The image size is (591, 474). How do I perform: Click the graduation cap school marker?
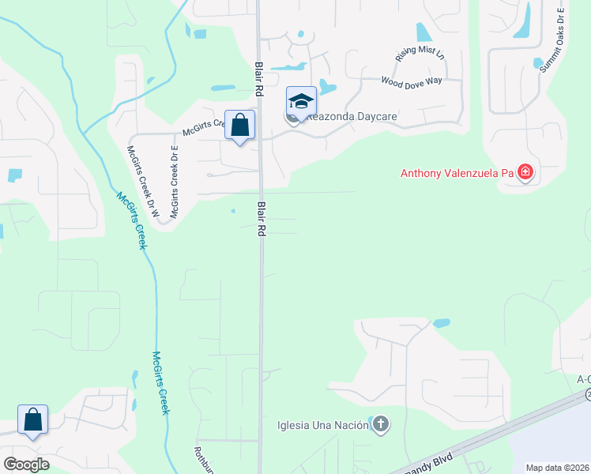pos(301,102)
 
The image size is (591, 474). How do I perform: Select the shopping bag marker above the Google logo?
pos(33,420)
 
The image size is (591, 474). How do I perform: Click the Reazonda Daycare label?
pos(351,117)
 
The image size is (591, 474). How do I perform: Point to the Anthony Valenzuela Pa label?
pos(457,173)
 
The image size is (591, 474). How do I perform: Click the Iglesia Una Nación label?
pos(323,425)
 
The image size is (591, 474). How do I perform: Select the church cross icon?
pos(381,425)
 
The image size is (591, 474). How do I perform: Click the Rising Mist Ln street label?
pos(420,55)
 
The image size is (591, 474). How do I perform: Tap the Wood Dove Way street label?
pos(412,81)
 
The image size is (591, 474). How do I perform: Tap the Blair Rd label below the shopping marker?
pos(260,219)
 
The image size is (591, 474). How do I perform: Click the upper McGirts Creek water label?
pos(132,221)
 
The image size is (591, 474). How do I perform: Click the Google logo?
pos(27,465)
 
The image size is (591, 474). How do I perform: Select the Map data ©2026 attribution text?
pos(557,468)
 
